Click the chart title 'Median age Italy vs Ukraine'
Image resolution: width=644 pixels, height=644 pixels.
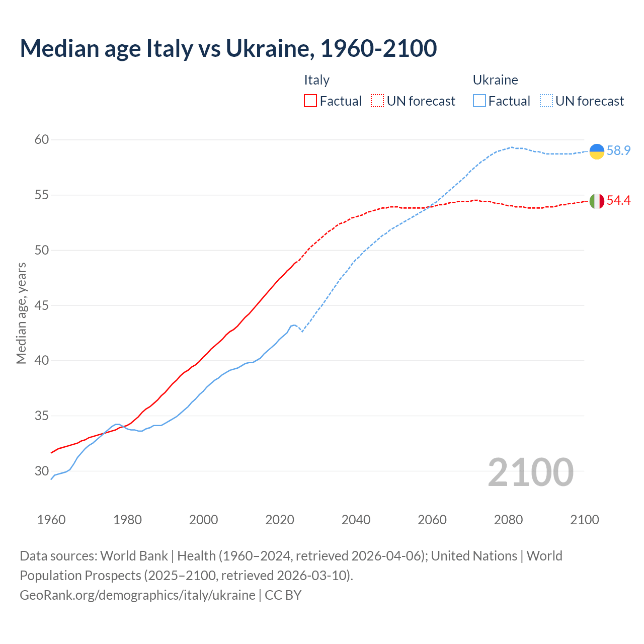[x=228, y=48]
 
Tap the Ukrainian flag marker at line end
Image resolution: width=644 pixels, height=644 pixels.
[x=597, y=151]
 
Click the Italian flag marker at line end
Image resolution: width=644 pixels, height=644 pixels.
[x=597, y=201]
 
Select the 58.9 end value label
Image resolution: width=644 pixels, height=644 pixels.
[x=618, y=151]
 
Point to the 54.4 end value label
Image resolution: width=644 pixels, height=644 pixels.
[x=618, y=201]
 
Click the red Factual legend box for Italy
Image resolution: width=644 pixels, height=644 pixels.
[x=310, y=101]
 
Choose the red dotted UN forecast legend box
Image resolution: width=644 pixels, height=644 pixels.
[x=377, y=101]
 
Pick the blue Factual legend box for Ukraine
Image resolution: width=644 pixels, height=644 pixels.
[x=479, y=101]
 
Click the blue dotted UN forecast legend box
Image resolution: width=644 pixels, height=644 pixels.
[x=546, y=101]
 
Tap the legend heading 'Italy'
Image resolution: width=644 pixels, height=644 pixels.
[x=316, y=80]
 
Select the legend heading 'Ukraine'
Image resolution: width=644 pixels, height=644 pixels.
[x=495, y=80]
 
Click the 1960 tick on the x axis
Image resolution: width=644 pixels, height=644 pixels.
[x=51, y=520]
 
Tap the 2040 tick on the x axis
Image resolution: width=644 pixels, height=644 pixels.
[x=356, y=520]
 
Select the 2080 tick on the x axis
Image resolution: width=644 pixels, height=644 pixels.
[x=508, y=520]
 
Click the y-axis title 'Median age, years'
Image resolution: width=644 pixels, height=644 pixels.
[x=21, y=313]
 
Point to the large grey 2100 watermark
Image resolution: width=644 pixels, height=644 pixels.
[x=530, y=472]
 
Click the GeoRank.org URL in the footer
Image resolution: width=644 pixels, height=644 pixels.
[x=137, y=595]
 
